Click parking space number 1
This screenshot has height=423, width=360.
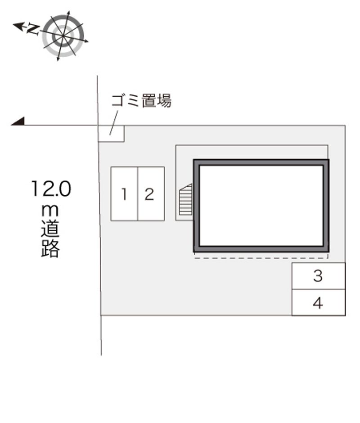pyautogui.click(x=124, y=194)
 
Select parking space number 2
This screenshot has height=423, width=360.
pyautogui.click(x=151, y=194)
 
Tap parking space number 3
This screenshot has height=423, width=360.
pyautogui.click(x=319, y=276)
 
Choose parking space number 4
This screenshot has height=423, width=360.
pyautogui.click(x=319, y=303)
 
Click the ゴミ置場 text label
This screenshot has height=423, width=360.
pyautogui.click(x=141, y=101)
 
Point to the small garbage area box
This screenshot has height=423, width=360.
pyautogui.click(x=111, y=134)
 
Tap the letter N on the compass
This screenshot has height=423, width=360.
pyautogui.click(x=33, y=29)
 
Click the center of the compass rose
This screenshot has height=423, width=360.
pyautogui.click(x=63, y=36)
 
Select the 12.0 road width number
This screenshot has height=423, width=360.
pyautogui.click(x=51, y=189)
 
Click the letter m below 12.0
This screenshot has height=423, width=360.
pyautogui.click(x=50, y=211)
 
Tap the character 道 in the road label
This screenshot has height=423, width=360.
pyautogui.click(x=50, y=229)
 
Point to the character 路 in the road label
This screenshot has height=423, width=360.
pyautogui.click(x=50, y=248)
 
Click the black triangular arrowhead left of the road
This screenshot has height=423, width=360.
pyautogui.click(x=18, y=122)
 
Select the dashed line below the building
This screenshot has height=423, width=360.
pyautogui.click(x=261, y=258)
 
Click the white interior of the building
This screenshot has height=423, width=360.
pyautogui.click(x=261, y=206)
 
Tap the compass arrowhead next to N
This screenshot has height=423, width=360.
pyautogui.click(x=18, y=26)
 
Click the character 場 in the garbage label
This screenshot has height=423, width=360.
pyautogui.click(x=164, y=101)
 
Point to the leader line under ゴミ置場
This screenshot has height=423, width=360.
pyautogui.click(x=114, y=122)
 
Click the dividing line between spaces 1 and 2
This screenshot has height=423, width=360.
pyautogui.click(x=138, y=194)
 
